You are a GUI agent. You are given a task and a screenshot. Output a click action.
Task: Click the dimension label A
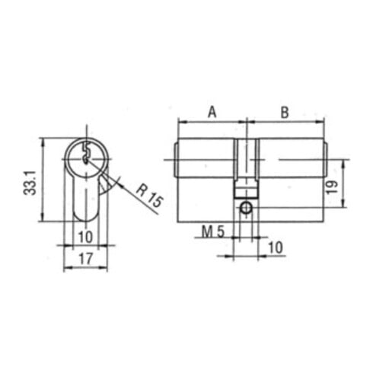[212, 112]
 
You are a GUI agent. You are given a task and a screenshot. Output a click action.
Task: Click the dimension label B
[285, 112]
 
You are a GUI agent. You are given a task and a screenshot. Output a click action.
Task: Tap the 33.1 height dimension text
[30, 183]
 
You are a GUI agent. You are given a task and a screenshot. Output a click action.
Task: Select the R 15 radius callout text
[149, 195]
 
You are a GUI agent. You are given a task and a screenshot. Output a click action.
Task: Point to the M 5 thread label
[213, 231]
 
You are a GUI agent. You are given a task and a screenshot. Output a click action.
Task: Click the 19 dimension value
[332, 187]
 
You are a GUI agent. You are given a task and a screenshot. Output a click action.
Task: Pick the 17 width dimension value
[85, 259]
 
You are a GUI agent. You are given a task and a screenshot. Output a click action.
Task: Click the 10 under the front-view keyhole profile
[85, 238]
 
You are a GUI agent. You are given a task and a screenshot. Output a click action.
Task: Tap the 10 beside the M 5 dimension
[276, 247]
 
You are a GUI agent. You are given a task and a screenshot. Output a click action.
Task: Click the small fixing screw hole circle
[246, 208]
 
